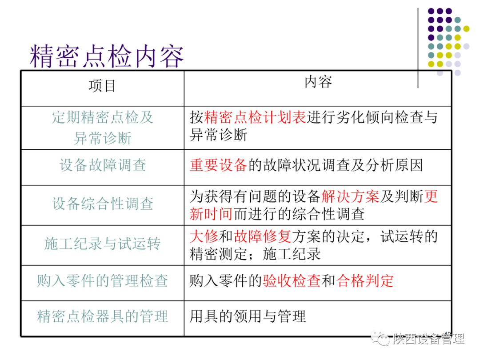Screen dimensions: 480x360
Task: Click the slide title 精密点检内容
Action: pos(107,56)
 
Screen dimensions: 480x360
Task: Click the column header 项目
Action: pos(102,86)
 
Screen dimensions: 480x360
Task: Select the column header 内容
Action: pos(318,82)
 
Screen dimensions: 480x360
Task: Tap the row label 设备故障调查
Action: pos(103,165)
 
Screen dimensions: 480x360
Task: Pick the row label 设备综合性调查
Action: pos(103,204)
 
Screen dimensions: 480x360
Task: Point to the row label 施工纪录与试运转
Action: pos(103,243)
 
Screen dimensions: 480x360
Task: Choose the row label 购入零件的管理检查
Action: pos(103,280)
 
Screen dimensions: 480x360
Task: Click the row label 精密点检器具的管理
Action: pos(103,316)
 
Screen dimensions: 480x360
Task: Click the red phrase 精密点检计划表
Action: pos(255,117)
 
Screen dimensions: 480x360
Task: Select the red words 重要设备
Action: pos(218,165)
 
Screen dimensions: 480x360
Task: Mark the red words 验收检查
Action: pos(291,280)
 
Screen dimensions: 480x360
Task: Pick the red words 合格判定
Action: pos(365,280)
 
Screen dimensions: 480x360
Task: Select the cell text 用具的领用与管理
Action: pos(248,316)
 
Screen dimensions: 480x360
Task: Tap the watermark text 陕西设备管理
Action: pos(428,339)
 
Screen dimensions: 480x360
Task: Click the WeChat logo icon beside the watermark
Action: pos(380,339)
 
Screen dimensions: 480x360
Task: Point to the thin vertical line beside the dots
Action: pos(418,44)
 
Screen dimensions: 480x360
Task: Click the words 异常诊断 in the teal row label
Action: pos(103,138)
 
